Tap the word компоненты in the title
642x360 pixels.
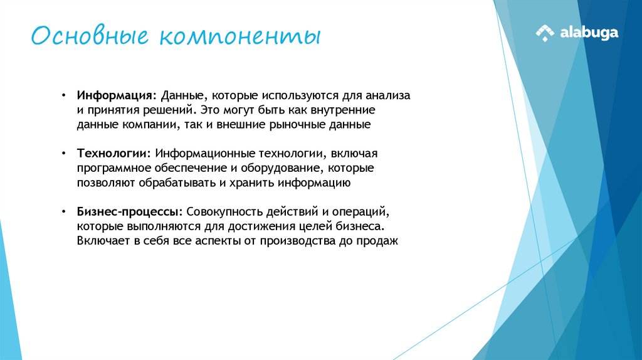click(x=239, y=36)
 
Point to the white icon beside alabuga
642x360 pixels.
click(x=544, y=33)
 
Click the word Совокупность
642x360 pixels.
click(x=221, y=212)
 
